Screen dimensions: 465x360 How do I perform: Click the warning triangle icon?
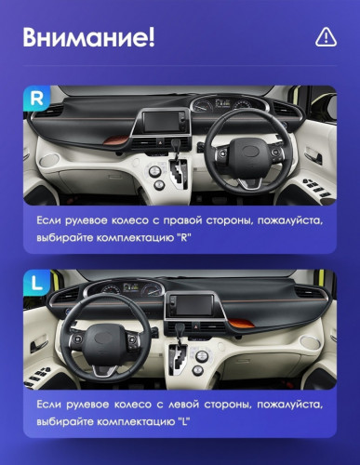tap(325, 37)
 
